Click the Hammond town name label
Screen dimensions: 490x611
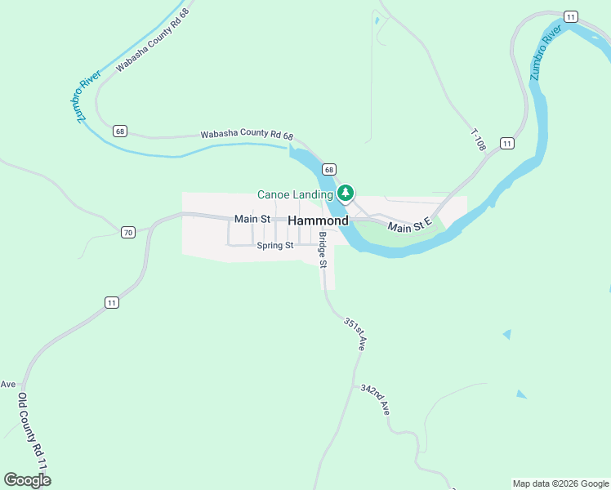[319, 220]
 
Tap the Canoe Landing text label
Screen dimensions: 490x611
[295, 194]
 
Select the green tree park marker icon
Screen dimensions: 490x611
[346, 194]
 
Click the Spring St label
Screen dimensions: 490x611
[274, 245]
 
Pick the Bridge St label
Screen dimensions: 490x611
[323, 251]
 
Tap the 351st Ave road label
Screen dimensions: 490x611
[355, 335]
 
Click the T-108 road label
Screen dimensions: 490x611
[478, 140]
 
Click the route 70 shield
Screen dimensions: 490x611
[127, 233]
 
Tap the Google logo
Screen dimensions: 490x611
[27, 480]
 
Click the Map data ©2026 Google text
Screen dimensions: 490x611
[560, 483]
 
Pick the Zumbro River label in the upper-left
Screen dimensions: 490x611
[88, 96]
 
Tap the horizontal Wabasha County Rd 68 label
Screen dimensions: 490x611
[247, 136]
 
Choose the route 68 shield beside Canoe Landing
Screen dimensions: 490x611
[328, 169]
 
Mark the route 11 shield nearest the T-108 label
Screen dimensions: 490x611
[507, 143]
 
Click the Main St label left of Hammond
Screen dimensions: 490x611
[252, 219]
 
